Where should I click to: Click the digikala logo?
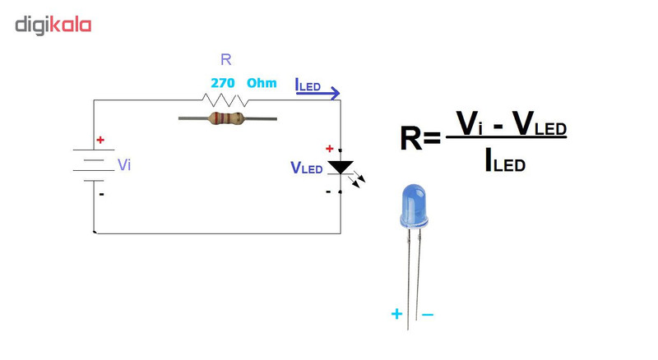53,25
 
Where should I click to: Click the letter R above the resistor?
226,59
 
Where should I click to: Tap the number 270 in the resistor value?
223,83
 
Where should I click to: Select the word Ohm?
262,83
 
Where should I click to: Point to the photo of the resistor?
227,118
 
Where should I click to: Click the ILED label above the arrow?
308,83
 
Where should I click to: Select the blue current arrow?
317,95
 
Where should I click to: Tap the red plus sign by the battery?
100,140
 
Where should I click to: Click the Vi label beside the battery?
124,164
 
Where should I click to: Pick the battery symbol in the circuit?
92,165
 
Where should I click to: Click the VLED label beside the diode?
306,168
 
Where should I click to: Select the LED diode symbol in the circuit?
341,168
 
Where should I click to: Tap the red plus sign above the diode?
330,149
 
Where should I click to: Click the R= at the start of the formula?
420,139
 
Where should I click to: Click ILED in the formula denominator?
504,162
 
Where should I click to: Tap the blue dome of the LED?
413,205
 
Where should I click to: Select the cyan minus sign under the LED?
428,314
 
